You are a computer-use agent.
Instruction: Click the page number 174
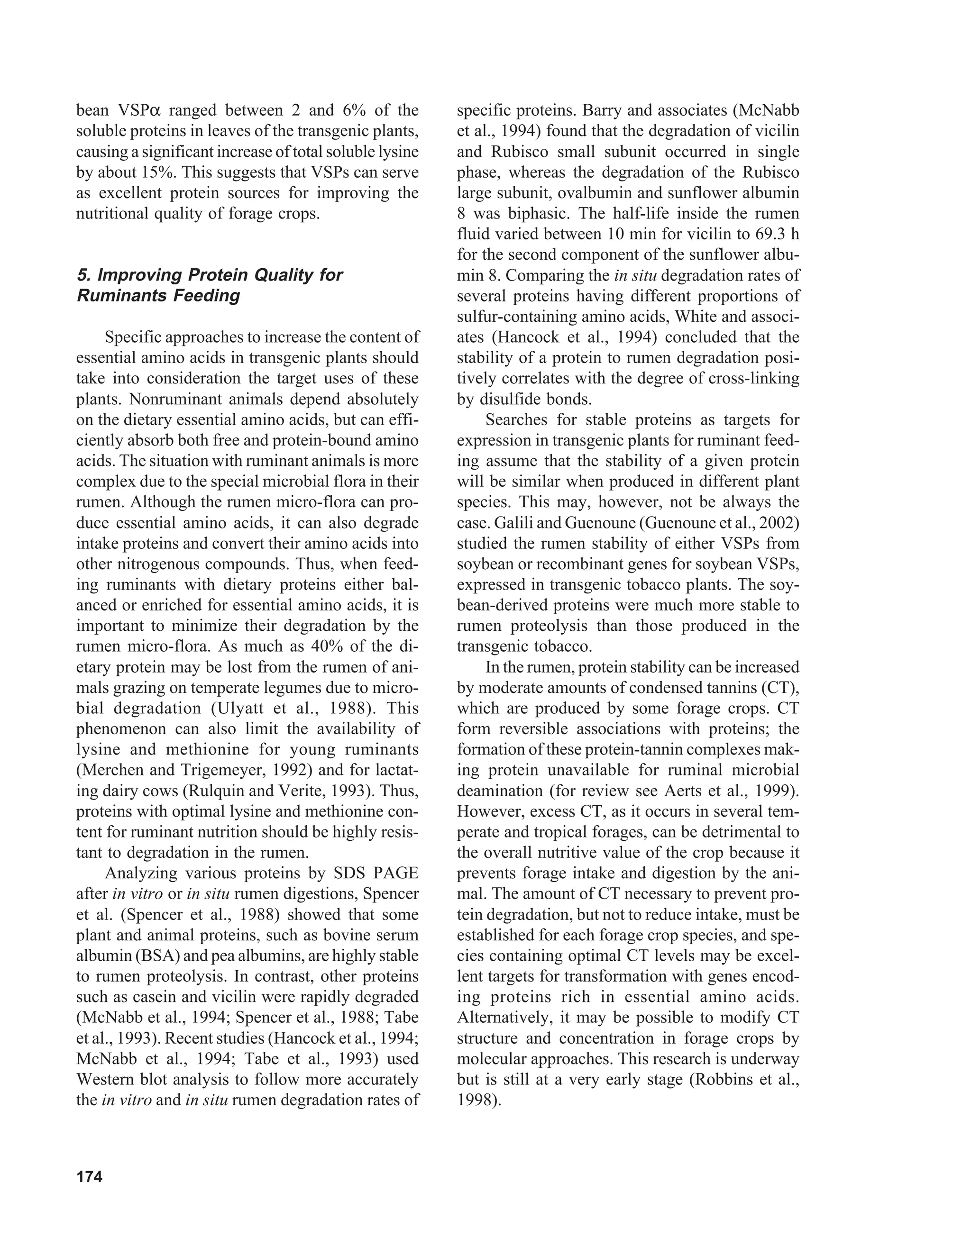tap(89, 1177)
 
